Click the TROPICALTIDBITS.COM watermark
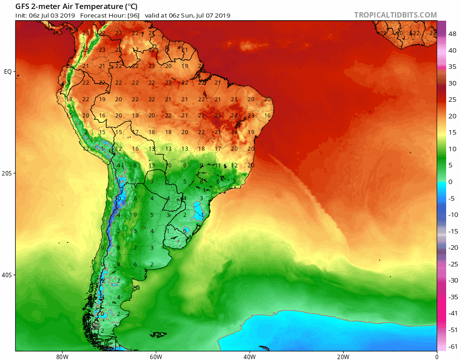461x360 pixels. (x=395, y=15)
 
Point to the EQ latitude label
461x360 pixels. (x=8, y=72)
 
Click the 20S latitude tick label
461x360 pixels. (x=8, y=173)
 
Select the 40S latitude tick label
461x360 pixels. (x=8, y=275)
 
